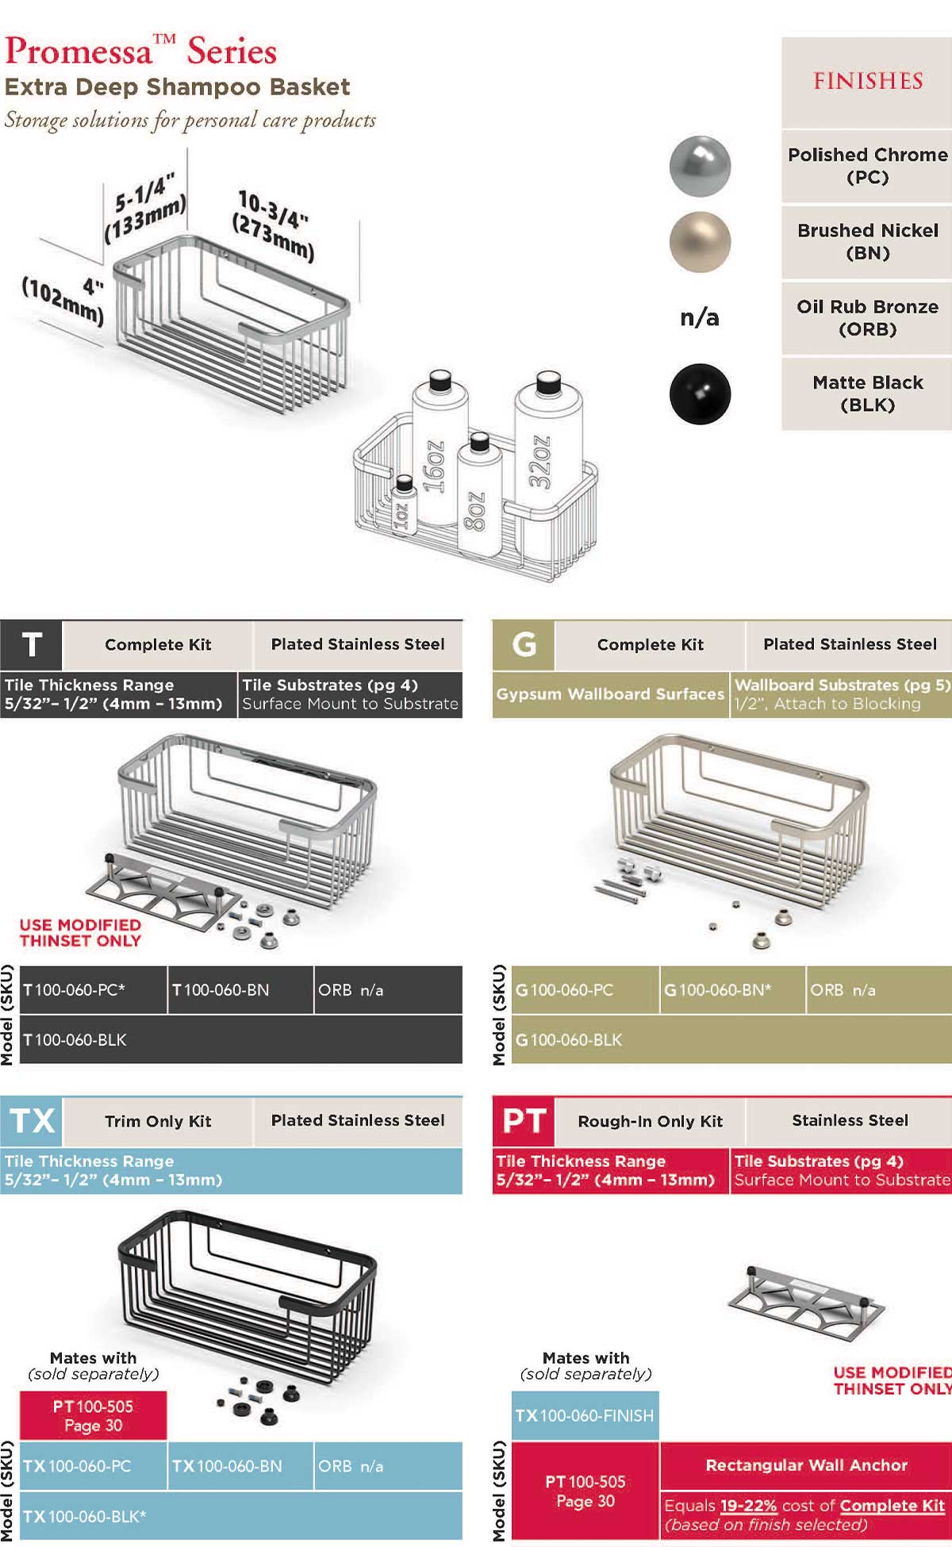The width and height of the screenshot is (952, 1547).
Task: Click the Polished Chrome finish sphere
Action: [699, 166]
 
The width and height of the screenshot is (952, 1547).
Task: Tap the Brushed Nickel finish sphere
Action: [699, 242]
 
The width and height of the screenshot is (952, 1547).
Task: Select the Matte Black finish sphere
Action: [699, 394]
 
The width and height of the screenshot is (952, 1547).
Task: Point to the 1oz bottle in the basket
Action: [403, 508]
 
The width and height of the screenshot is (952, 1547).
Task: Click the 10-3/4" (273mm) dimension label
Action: [273, 225]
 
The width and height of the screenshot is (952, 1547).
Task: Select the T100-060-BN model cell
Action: [240, 990]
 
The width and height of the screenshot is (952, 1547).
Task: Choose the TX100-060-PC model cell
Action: [93, 1466]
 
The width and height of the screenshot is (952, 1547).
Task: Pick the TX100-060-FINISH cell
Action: [585, 1415]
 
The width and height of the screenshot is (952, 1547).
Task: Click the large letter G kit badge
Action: [524, 645]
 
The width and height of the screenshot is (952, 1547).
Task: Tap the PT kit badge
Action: [524, 1121]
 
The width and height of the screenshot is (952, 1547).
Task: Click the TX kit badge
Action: [32, 1121]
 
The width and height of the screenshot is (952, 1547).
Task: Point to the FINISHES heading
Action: [867, 81]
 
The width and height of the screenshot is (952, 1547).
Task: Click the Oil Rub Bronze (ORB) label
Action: [867, 317]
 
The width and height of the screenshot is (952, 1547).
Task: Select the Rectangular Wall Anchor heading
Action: [806, 1465]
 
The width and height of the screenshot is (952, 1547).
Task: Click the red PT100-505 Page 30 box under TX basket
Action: [93, 1415]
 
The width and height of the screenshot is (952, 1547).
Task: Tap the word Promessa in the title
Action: [78, 52]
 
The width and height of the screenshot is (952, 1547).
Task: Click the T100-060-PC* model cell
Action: [93, 990]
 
